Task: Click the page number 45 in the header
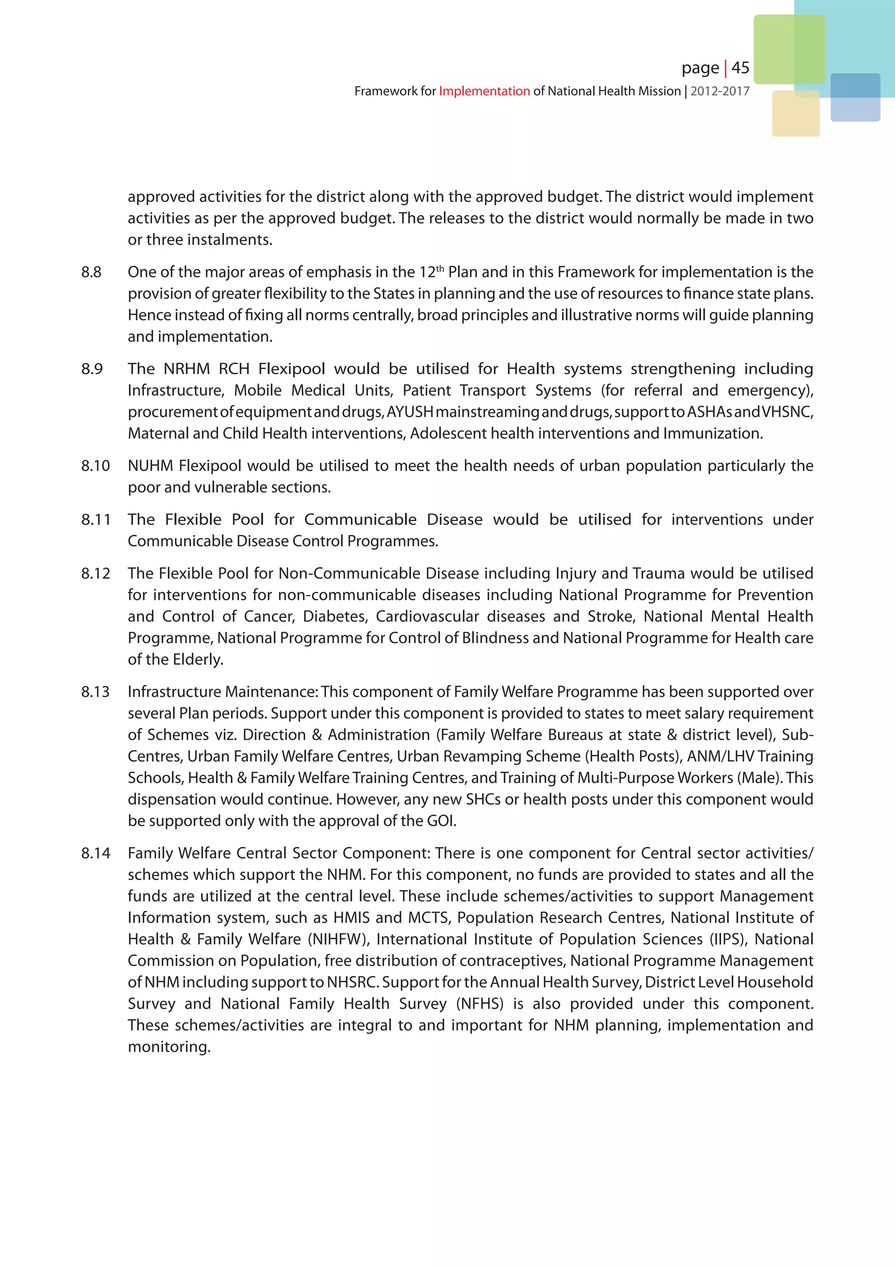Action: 740,68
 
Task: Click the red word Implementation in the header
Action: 484,91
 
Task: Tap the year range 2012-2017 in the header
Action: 720,91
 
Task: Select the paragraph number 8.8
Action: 91,272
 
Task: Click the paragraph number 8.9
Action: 92,369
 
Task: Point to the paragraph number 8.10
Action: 95,466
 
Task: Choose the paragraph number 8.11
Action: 95,520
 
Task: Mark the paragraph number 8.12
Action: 95,574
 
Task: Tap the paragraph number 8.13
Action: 95,692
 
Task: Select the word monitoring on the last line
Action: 169,1047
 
